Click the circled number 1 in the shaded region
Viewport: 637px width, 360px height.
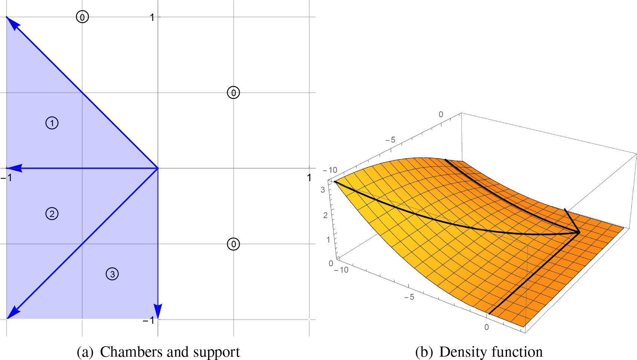point(52,123)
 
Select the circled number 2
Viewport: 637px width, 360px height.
point(52,214)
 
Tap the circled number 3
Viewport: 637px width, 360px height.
point(112,274)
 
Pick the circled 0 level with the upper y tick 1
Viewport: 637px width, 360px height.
point(83,17)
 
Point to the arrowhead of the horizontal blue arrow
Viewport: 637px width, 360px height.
point(15,168)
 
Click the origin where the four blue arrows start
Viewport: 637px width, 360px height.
point(158,168)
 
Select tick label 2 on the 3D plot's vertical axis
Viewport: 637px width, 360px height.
point(326,215)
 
